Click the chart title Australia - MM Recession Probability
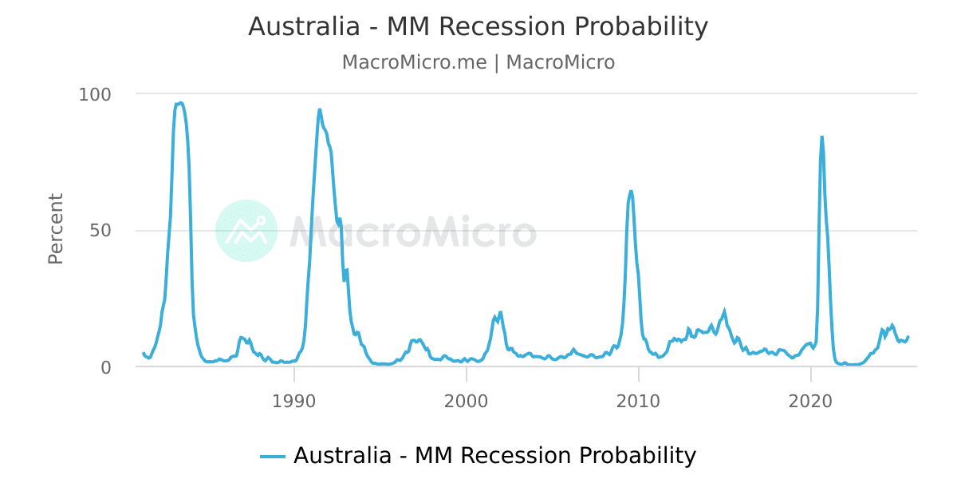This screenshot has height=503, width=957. pos(478,27)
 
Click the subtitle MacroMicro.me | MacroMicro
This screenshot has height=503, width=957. pos(478,62)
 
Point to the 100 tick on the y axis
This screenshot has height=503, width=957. pos(95,94)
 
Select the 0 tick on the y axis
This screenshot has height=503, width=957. pos(108,367)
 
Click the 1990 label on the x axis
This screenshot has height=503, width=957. pos(294,399)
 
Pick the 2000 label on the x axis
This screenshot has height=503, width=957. pos(467,399)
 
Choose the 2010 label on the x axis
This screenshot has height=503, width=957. pos(639,399)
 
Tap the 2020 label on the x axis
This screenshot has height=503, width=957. pos(811,399)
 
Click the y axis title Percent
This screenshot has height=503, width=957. pos(56,228)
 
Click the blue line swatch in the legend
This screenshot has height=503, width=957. pos(273,457)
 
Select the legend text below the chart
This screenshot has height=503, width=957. pos(494,456)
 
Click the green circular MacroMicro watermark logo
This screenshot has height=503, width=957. pos(246,231)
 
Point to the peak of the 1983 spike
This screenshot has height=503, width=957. pos(180,103)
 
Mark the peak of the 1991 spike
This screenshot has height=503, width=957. pos(320,109)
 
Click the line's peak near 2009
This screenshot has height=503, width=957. pos(631,191)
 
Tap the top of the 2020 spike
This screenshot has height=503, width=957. pos(821,137)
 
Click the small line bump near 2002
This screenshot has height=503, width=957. pos(500,312)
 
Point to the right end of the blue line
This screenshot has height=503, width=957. pos(908,337)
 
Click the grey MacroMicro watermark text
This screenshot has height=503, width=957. pos(412,232)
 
